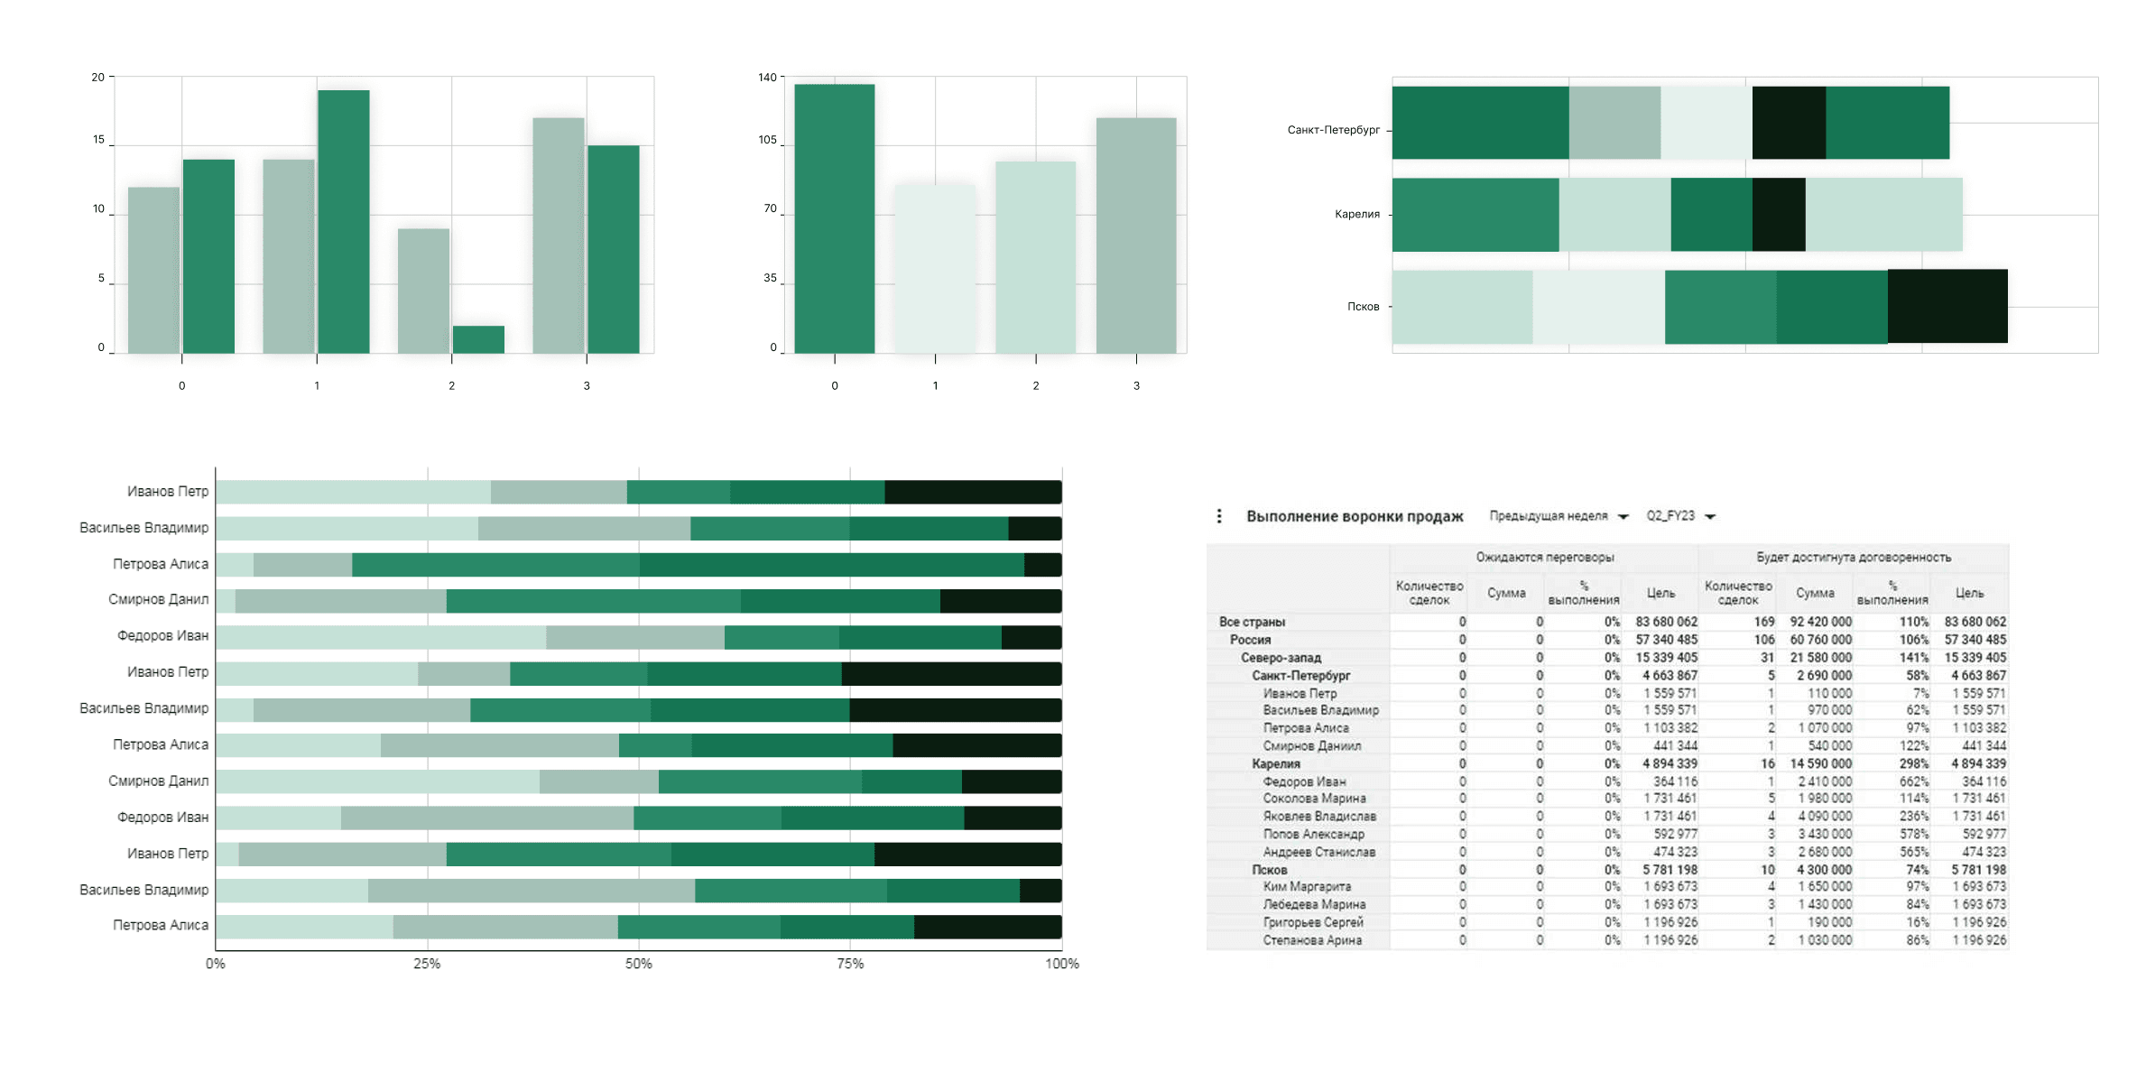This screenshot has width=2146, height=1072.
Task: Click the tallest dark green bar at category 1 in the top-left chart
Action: [343, 221]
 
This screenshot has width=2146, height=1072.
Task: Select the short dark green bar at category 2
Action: [478, 339]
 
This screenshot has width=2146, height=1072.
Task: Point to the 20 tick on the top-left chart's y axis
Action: [97, 78]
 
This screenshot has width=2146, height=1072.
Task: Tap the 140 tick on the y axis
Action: [767, 78]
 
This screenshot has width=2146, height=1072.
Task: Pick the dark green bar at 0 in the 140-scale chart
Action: [834, 218]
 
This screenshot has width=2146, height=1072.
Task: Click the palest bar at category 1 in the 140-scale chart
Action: [935, 269]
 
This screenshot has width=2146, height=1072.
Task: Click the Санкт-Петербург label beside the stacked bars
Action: [1333, 130]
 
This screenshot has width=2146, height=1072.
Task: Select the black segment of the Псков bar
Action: [1947, 307]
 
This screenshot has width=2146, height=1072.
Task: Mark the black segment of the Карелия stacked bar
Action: [1778, 215]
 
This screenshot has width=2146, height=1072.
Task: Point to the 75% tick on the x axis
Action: [849, 964]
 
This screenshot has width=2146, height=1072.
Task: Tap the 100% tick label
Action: [1061, 964]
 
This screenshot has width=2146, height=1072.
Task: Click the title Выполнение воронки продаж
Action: [1354, 516]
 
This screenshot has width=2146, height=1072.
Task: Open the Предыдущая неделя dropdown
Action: [1558, 516]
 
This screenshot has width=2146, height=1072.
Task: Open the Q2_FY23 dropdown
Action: [1679, 516]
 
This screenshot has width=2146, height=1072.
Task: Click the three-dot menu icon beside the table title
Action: [1219, 516]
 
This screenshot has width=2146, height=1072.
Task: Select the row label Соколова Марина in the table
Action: [1313, 799]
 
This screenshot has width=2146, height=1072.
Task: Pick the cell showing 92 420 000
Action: [1820, 622]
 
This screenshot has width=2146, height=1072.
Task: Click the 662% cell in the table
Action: [1913, 781]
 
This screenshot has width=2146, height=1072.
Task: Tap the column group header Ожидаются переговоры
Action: [1544, 558]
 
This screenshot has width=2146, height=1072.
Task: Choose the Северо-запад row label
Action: [1280, 658]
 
